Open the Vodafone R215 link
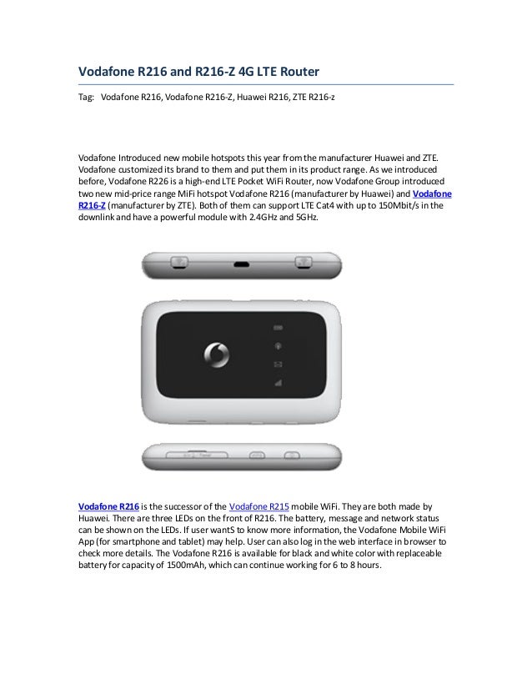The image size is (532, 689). point(258,506)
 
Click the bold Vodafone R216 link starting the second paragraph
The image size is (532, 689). point(108,506)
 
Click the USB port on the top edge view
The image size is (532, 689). point(242,264)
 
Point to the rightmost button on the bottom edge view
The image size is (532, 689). point(291,455)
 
